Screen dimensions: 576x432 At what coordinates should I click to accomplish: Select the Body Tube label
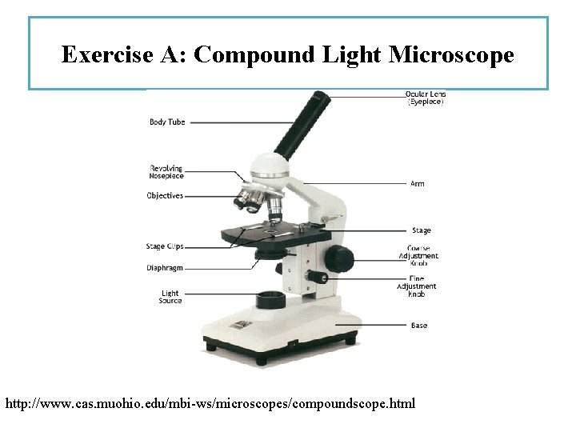167,122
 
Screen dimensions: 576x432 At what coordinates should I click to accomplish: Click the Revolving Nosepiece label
166,172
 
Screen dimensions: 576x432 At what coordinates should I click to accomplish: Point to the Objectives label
165,196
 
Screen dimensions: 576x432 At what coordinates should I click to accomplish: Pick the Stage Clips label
165,246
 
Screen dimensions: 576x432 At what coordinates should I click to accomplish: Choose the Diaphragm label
165,267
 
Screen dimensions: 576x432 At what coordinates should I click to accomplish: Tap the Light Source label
170,297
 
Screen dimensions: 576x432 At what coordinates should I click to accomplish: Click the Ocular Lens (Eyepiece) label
426,98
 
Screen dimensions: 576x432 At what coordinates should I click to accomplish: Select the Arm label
417,184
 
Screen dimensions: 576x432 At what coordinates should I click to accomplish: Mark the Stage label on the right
421,231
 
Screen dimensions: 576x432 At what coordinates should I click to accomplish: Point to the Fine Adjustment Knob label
417,286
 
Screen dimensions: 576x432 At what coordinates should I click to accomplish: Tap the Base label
418,326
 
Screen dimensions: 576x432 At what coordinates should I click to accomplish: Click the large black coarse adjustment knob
339,258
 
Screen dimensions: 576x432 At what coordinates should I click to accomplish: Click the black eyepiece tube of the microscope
302,124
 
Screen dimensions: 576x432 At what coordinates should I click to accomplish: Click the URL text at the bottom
210,403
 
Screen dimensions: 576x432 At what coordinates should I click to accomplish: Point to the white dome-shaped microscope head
269,166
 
